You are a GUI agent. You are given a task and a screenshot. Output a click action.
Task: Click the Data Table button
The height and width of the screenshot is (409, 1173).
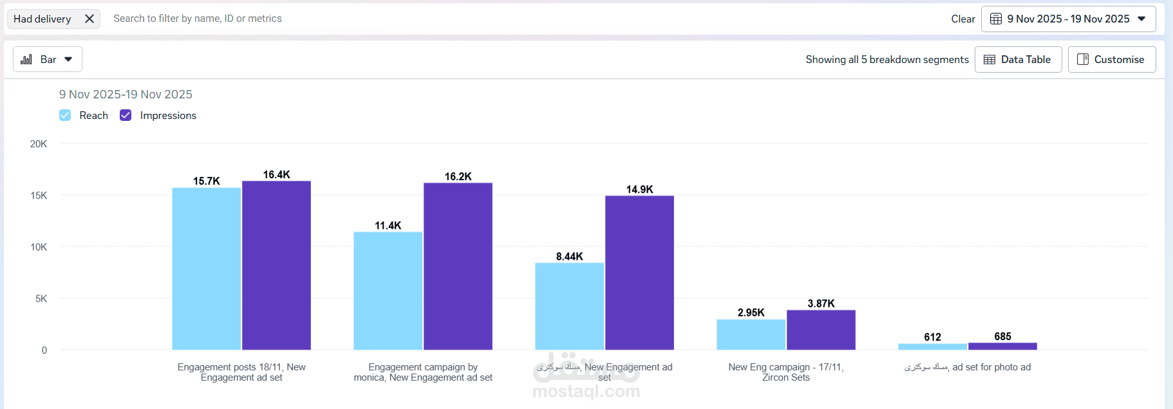(1018, 60)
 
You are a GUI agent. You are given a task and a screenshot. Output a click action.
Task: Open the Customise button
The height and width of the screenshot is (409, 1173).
(1111, 60)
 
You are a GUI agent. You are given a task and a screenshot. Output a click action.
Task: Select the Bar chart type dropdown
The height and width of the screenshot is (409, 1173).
(48, 60)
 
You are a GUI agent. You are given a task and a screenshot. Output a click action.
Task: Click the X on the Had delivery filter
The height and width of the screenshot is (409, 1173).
(89, 19)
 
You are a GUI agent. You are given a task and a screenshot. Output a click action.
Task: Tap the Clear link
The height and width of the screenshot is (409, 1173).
(962, 19)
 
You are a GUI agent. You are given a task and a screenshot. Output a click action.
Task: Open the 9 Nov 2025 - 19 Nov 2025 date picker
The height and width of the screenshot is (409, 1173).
(1068, 19)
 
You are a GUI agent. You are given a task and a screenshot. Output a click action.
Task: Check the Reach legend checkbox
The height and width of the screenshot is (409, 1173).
(65, 115)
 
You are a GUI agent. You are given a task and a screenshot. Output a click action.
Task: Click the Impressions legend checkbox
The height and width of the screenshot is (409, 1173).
(126, 115)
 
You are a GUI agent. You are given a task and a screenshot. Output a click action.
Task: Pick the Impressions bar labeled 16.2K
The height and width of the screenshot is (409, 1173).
(458, 266)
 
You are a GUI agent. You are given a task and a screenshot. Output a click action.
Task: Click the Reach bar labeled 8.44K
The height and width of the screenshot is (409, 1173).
(569, 306)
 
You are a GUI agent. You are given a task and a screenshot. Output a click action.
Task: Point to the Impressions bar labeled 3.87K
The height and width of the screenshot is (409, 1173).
(821, 330)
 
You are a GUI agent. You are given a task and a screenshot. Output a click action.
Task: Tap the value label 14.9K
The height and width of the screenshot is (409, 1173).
(639, 189)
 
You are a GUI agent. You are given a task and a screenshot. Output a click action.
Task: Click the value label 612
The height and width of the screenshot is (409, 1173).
(932, 337)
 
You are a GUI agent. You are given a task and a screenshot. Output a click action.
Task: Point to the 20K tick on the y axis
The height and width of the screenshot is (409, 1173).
(39, 144)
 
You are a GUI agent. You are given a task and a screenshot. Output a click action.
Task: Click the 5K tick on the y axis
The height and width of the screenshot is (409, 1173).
(41, 298)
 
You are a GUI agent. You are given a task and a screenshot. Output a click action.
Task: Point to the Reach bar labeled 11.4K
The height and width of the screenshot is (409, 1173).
(388, 291)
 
